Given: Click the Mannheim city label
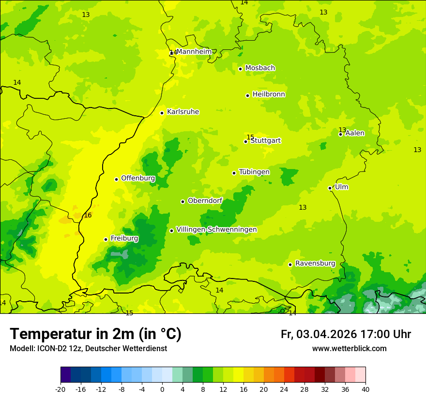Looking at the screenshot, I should point(194,52).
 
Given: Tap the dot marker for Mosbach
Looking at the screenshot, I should point(240,69).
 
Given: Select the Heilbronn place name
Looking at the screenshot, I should point(269,94).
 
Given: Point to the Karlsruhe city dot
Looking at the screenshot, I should point(162,113).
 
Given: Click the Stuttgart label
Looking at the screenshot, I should point(266,141).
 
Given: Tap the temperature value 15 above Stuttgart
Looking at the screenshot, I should point(250,137).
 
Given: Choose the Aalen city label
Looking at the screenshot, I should point(355,133).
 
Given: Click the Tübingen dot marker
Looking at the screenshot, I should point(234,173).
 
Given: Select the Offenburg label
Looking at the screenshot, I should point(138,178).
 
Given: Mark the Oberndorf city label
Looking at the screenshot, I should point(205,201).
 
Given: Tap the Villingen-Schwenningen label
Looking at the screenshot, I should point(216,230).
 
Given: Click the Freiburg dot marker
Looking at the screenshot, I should point(106,239).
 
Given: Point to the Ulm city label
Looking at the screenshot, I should point(342,187).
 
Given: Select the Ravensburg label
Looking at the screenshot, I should point(315,263).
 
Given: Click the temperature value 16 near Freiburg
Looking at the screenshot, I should point(88,215).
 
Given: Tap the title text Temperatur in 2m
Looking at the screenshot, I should point(95,334).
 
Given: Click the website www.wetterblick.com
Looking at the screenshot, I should point(349,349).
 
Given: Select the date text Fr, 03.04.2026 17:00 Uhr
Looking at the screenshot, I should point(346,334).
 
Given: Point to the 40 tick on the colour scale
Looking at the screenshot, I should point(365,389).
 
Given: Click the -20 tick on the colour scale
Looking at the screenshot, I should point(61,389).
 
